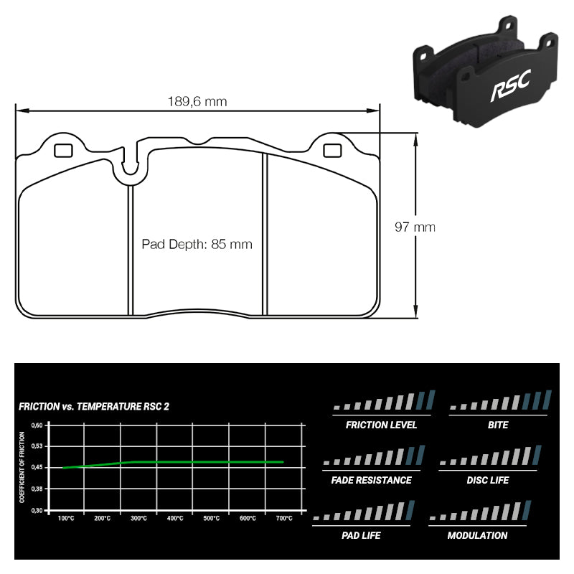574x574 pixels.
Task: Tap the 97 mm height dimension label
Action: (415, 227)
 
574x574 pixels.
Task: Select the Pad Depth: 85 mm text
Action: (197, 244)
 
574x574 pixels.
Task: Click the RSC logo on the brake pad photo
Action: (509, 88)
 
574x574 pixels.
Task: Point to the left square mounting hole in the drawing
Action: (63, 151)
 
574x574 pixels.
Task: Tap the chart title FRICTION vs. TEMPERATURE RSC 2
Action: (94, 407)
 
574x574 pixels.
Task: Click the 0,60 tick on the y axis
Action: (37, 425)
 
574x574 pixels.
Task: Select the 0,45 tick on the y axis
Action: (37, 467)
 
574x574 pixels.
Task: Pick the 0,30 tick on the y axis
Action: (37, 510)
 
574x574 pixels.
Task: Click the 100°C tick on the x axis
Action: (66, 518)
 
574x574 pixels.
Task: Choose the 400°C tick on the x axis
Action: (174, 518)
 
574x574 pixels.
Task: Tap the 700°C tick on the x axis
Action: (283, 518)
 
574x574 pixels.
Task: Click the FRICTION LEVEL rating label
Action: (381, 425)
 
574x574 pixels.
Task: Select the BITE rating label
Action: (497, 425)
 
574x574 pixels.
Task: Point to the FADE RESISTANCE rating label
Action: (372, 480)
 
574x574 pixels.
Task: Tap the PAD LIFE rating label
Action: (362, 535)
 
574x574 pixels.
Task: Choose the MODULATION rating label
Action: (477, 535)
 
